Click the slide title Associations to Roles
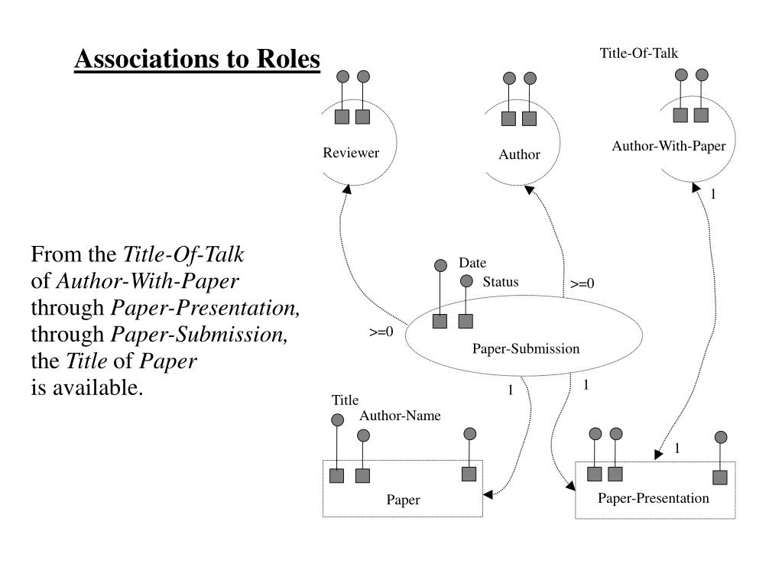pos(197,59)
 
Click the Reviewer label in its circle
pos(350,153)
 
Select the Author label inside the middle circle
pos(519,154)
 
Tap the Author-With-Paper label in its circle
pos(668,146)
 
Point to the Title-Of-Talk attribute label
pos(638,53)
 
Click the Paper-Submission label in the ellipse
pos(525,349)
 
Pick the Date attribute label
pos(472,264)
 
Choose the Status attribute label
pos(500,282)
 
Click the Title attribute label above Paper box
pos(345,400)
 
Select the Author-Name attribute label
pos(400,416)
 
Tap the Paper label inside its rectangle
pos(403,500)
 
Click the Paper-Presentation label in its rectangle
pos(653,498)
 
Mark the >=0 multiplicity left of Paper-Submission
pos(381,332)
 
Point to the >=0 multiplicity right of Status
pos(582,284)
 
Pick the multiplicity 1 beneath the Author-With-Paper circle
pos(713,194)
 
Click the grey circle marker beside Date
pos(440,266)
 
